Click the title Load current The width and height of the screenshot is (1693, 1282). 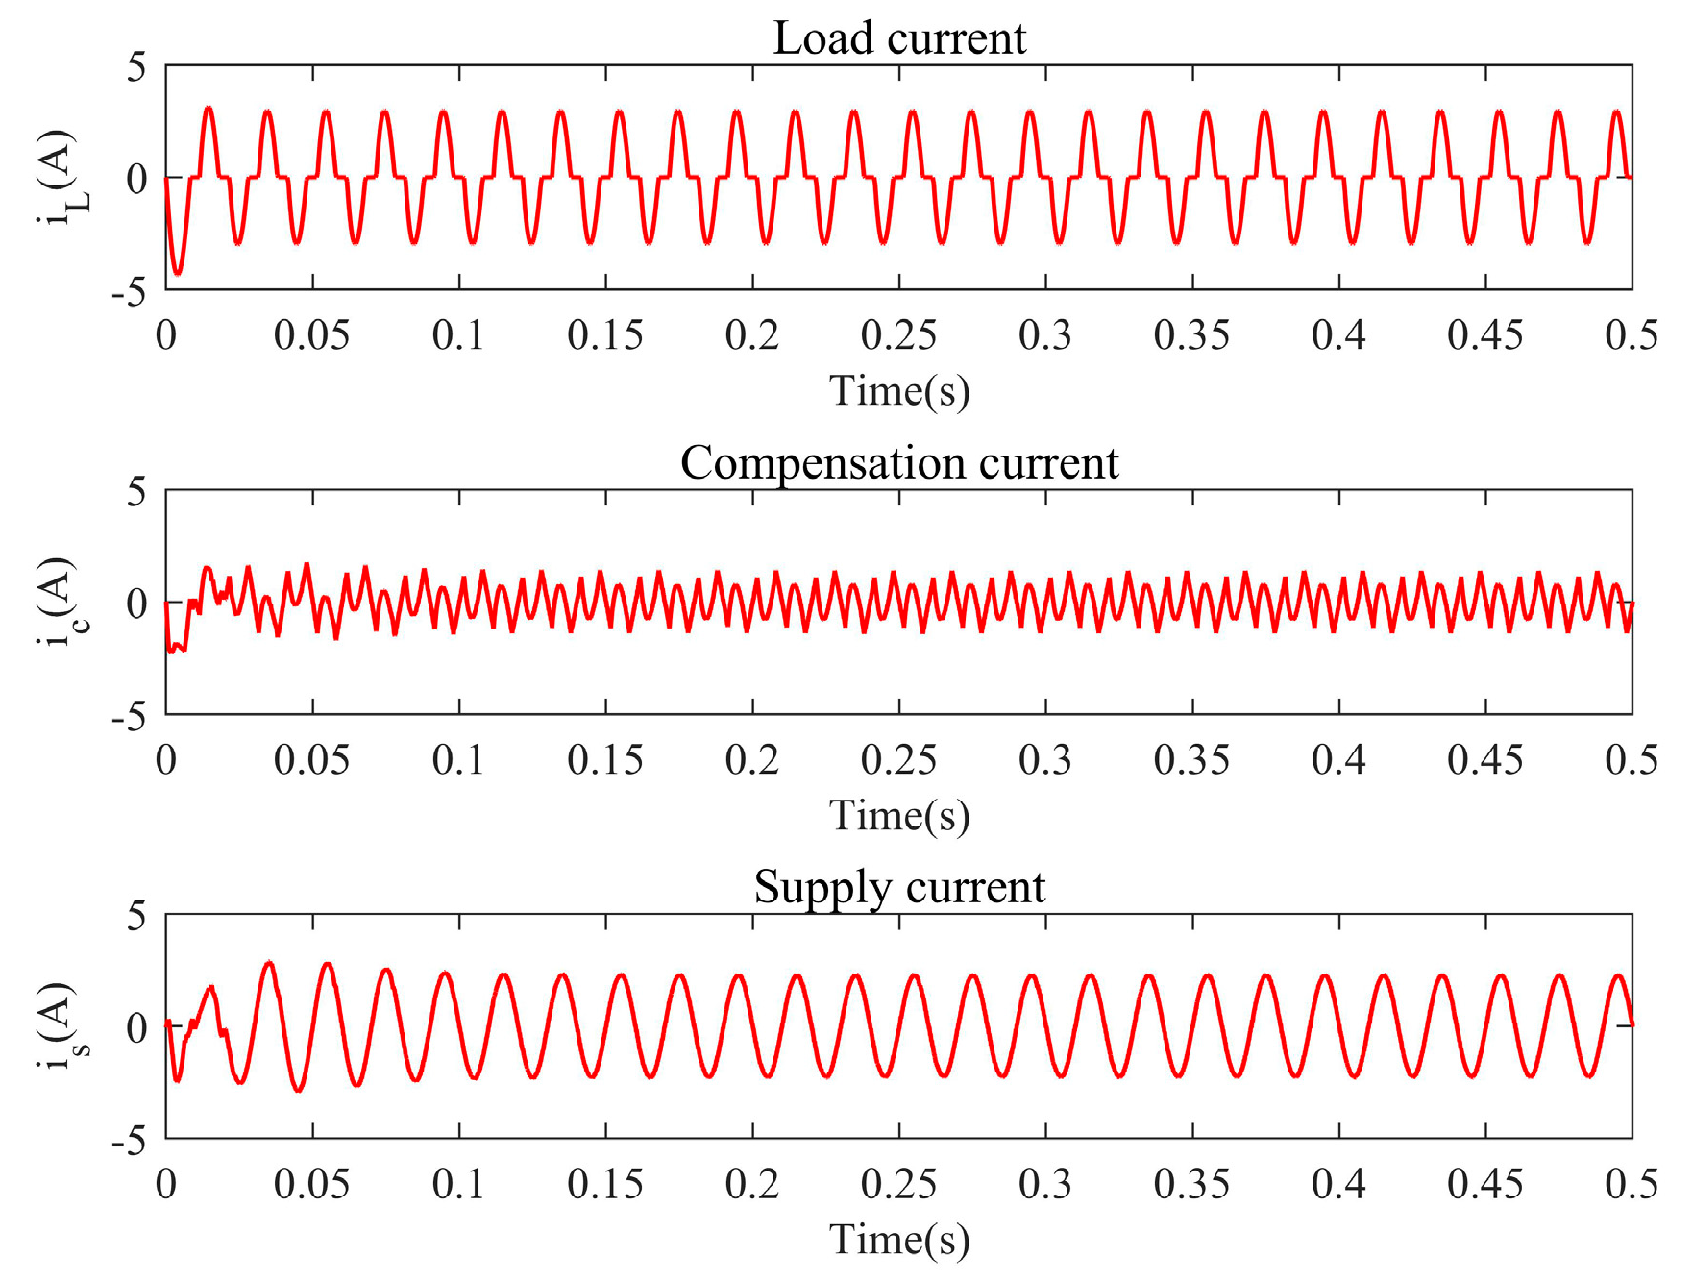899,39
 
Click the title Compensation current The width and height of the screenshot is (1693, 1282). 899,463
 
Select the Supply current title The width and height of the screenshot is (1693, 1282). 899,887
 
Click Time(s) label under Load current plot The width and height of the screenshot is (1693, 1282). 899,391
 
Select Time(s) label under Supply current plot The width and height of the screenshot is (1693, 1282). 899,1240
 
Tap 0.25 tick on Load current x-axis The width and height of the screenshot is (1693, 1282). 898,335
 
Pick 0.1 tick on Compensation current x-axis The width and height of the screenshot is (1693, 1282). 458,760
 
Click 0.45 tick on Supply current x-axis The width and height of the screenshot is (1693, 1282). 1484,1184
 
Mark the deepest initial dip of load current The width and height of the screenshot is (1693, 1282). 177,273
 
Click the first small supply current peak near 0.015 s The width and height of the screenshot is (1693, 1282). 211,987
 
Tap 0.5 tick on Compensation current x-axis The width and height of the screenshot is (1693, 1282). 1632,760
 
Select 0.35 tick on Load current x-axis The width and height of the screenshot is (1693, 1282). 1191,335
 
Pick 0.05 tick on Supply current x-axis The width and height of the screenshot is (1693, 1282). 311,1184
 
